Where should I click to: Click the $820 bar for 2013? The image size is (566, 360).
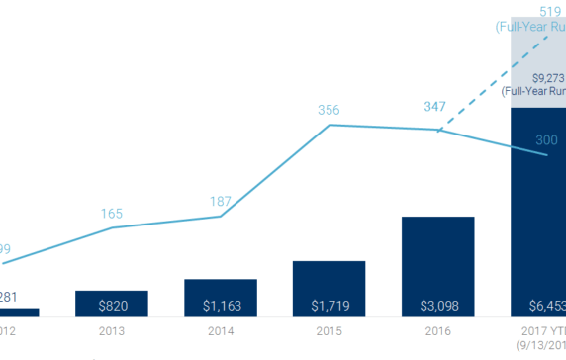point(111,304)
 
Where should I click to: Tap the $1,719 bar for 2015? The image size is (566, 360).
point(329,289)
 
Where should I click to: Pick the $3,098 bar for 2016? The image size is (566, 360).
point(437,266)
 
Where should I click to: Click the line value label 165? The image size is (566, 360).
point(111,214)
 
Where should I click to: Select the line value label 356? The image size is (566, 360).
point(329,110)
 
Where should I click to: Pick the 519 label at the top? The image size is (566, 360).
point(539,10)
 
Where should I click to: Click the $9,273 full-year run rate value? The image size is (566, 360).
point(547,77)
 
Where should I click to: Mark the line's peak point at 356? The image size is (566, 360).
point(329,125)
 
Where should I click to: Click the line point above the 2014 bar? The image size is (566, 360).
point(220,216)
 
